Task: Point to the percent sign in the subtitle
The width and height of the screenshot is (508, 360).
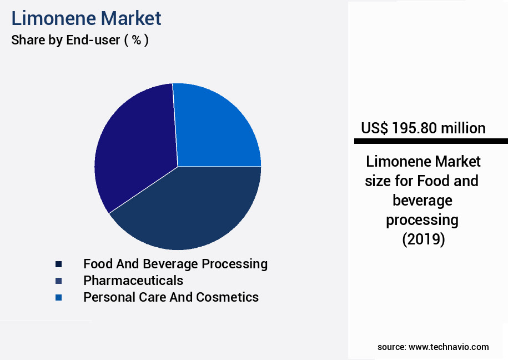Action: [x=136, y=41]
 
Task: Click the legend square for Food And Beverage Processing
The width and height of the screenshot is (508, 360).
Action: [x=58, y=264]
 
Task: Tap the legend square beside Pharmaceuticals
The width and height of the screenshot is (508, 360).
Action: [x=58, y=281]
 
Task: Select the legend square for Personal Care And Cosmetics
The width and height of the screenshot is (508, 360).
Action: [x=58, y=297]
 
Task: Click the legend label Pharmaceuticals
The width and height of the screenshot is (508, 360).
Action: [x=133, y=281]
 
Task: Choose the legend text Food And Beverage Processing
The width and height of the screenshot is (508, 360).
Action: [x=175, y=264]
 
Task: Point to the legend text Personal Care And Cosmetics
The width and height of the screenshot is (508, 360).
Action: [x=171, y=297]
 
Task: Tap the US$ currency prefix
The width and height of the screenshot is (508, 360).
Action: [x=374, y=128]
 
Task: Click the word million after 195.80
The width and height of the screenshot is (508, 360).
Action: [x=463, y=128]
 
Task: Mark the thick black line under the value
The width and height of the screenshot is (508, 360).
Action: [x=431, y=141]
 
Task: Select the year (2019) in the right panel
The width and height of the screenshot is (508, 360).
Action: [x=423, y=239]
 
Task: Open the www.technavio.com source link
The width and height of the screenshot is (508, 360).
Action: [x=449, y=347]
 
